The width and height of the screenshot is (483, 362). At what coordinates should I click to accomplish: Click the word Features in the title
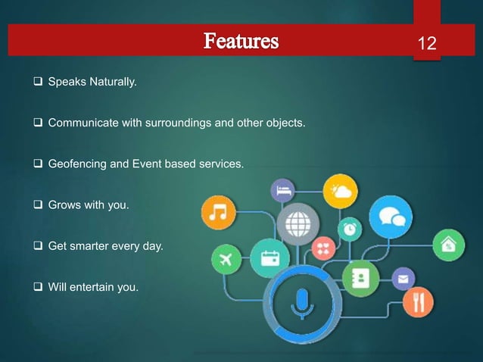[x=240, y=41]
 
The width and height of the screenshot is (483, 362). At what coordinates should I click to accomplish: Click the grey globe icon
[x=294, y=223]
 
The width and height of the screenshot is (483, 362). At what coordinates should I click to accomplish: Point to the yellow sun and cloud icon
[x=340, y=191]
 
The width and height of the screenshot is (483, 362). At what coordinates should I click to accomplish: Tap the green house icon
[x=448, y=245]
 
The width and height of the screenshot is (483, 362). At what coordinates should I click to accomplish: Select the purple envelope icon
[x=402, y=279]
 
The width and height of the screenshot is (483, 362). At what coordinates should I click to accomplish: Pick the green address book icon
[x=357, y=276]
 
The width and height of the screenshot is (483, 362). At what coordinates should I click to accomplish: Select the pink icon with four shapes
[x=323, y=248]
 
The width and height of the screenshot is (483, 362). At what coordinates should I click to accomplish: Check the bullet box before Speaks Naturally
[x=39, y=78]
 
